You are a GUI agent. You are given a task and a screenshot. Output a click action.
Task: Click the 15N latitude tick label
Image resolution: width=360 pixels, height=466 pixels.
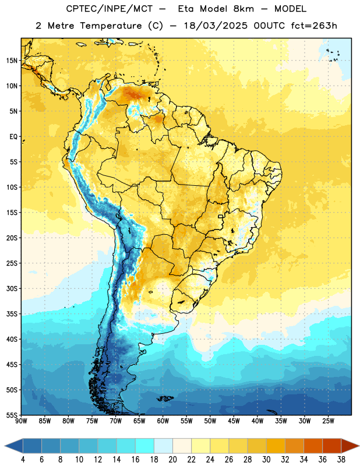coord(12,61)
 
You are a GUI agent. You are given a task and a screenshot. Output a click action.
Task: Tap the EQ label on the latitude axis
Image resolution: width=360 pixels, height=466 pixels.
coord(13,137)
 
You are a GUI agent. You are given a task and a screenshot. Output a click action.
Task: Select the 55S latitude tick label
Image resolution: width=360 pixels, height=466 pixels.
coord(12,415)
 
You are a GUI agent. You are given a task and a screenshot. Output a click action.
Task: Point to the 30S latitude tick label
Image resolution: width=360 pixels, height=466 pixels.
coord(12,288)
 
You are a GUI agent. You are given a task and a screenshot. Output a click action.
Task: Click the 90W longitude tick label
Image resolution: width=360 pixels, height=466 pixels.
coord(21,421)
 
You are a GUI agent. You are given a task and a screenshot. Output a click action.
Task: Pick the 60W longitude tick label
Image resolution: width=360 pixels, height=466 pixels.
coord(163,421)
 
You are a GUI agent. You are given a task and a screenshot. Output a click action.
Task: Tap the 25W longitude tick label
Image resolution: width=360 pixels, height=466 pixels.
coord(328,421)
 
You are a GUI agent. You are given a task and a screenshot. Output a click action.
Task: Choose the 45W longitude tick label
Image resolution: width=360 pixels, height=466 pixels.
coord(234,421)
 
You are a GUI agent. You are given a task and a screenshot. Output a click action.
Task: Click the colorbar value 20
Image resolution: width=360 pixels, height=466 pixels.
coord(172,460)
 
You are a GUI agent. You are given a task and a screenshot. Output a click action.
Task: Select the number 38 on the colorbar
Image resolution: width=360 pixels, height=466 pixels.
coord(341,460)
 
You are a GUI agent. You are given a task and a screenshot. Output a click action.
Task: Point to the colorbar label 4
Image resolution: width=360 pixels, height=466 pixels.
coord(23,460)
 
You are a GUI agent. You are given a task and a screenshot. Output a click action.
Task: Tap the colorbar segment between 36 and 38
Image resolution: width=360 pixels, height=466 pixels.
coord(332,446)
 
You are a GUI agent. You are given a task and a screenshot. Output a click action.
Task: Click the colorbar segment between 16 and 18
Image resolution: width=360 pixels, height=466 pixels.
coord(144,446)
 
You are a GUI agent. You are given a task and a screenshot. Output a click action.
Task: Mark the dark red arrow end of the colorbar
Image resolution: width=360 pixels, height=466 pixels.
coord(350,446)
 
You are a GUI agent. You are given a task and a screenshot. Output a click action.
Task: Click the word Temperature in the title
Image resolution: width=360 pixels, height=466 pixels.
coord(111,26)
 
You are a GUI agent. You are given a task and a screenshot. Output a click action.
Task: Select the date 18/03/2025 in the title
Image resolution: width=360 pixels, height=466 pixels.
coord(215,26)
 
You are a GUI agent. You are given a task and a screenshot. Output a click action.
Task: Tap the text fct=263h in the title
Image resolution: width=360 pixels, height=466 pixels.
coord(314,26)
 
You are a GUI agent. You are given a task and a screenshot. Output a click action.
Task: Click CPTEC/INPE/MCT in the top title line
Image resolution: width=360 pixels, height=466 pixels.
coord(110,9)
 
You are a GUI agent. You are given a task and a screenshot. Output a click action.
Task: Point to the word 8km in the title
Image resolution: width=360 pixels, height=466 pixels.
coord(243,9)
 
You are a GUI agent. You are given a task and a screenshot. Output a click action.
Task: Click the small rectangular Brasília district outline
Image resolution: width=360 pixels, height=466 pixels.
coord(221,216)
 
